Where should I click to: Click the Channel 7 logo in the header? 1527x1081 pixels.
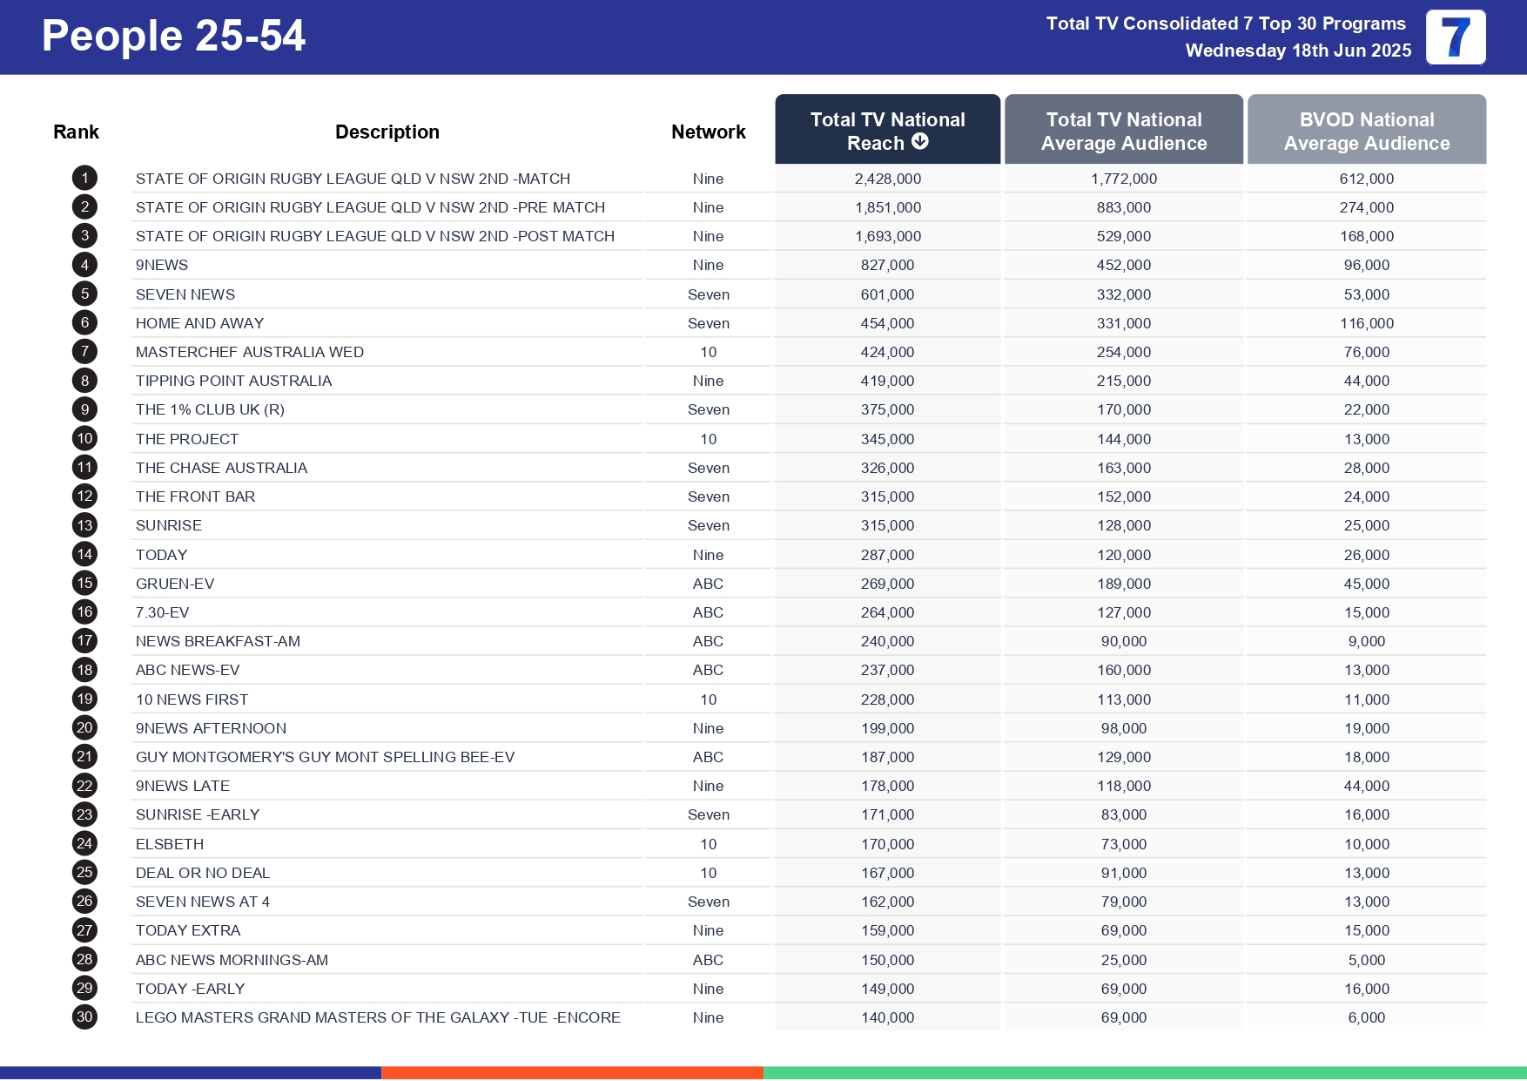click(1455, 37)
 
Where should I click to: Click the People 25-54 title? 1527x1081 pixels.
click(173, 37)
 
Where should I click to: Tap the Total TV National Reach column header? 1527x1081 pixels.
click(887, 131)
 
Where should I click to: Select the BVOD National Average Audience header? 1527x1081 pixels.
click(1366, 131)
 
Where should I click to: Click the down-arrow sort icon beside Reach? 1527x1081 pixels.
click(920, 142)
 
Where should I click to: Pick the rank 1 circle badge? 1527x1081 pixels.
click(84, 179)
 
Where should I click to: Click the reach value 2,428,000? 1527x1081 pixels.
click(887, 179)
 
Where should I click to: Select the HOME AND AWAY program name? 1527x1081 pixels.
click(199, 323)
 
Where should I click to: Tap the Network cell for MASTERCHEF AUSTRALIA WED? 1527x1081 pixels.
click(708, 352)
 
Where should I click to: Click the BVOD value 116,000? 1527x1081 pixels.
click(1366, 323)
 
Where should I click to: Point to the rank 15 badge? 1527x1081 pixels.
click(84, 584)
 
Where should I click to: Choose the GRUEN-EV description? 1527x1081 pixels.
click(175, 584)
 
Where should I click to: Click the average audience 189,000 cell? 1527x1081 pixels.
click(1123, 584)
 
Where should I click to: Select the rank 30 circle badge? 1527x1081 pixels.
click(84, 1017)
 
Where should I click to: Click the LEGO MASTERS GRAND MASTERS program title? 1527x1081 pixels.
click(378, 1017)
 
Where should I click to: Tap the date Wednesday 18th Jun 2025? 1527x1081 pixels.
click(1298, 51)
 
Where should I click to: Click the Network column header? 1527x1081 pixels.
click(708, 132)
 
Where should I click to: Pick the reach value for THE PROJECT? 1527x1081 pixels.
click(887, 439)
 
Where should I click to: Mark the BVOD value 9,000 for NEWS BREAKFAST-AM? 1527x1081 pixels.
click(1366, 641)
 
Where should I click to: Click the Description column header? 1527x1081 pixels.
click(387, 132)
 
